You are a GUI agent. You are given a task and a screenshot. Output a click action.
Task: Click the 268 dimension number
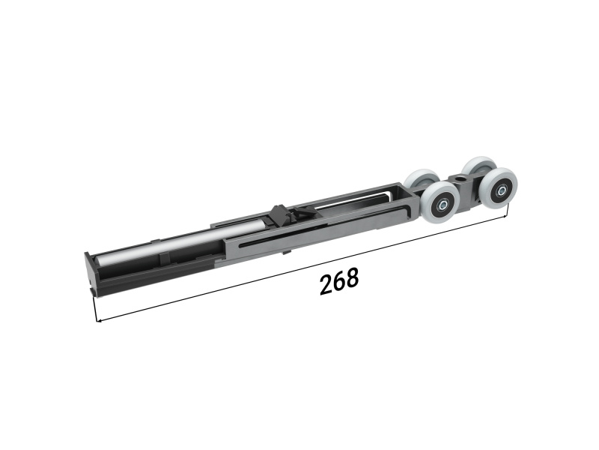pyautogui.click(x=339, y=281)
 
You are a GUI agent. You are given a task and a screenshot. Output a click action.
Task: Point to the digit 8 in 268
pyautogui.click(x=353, y=277)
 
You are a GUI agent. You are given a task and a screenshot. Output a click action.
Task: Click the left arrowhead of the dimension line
pyautogui.click(x=100, y=320)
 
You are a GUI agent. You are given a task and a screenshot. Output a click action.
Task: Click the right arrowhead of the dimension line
pyautogui.click(x=505, y=217)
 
